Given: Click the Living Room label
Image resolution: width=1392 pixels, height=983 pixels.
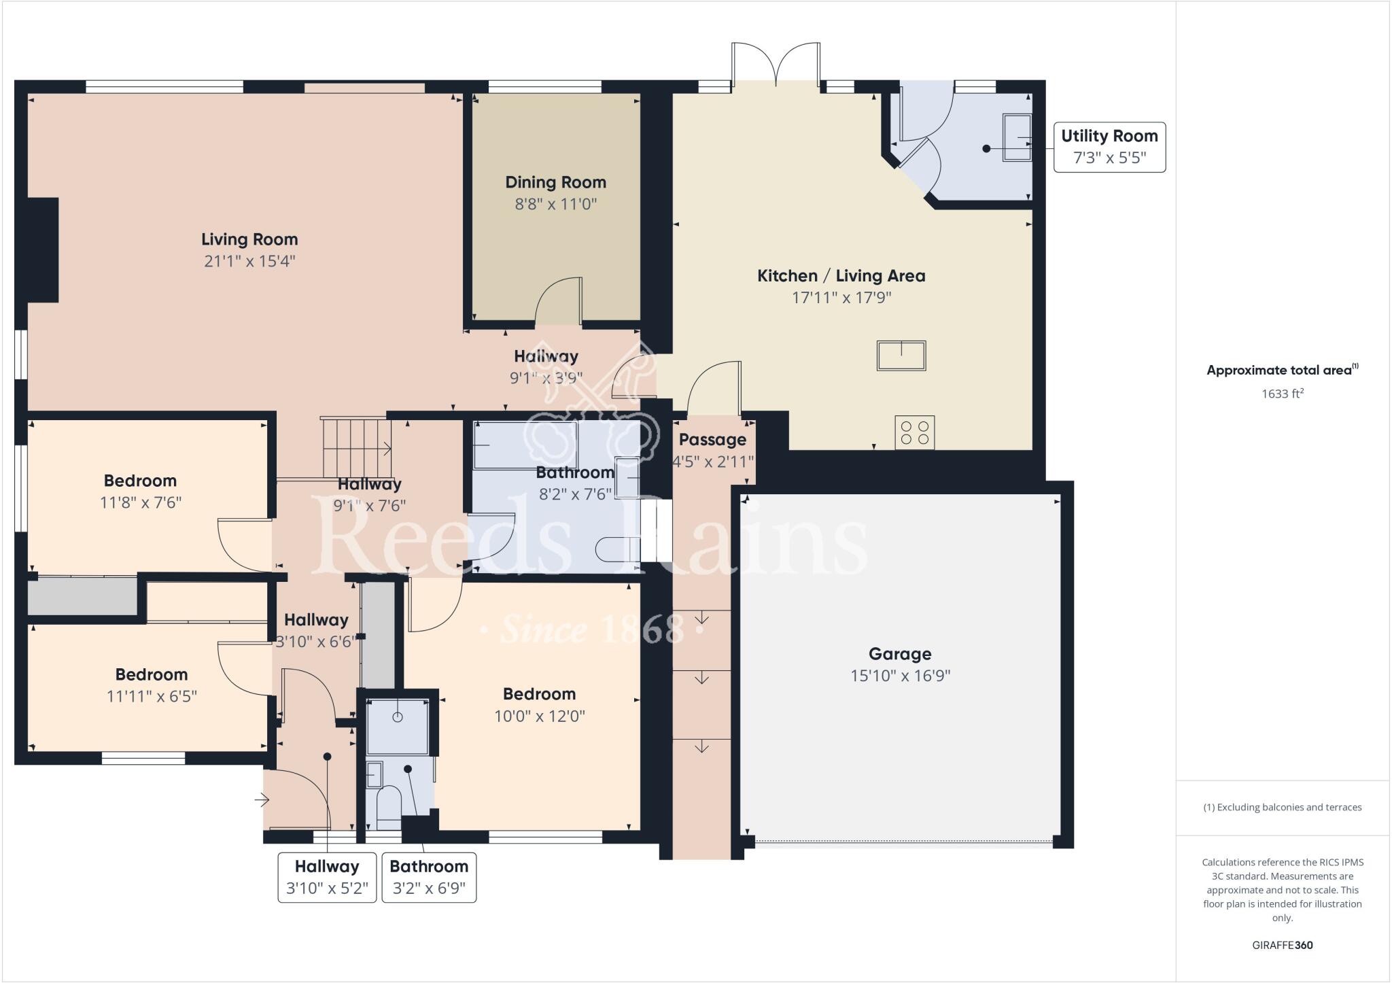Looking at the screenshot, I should [249, 240].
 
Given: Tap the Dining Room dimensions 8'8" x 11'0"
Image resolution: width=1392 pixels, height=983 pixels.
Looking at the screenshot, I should [555, 204].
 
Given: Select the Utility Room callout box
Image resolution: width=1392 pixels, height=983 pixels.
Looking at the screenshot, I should [1109, 147].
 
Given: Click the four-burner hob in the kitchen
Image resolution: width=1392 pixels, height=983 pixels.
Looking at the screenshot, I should [914, 432].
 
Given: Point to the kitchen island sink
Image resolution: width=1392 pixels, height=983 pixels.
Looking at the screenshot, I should [901, 356].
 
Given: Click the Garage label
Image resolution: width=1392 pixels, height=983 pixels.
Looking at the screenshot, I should [899, 654].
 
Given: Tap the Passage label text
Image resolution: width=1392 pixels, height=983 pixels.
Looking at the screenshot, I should [712, 440].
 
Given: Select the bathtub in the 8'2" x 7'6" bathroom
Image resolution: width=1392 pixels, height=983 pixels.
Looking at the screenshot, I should [525, 445].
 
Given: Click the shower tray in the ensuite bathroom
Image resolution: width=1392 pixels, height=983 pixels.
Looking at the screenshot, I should [398, 725].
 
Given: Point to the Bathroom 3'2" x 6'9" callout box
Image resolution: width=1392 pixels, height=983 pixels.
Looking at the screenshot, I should [429, 877].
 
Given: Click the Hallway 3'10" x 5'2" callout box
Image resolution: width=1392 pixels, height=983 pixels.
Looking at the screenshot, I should [327, 877].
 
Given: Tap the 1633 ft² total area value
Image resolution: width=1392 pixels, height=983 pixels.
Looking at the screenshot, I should [1282, 394].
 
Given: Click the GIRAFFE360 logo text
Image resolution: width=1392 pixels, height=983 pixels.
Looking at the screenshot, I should [1282, 945].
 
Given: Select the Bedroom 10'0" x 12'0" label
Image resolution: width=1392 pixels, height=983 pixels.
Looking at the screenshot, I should [539, 694].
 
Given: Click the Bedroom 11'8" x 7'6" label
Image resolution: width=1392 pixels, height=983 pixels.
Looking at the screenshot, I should [140, 481].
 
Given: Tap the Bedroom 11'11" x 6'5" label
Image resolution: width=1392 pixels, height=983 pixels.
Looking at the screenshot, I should [151, 675].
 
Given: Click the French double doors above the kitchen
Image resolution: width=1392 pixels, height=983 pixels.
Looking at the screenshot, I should [776, 63].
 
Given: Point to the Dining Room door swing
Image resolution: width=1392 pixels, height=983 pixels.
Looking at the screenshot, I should [559, 301].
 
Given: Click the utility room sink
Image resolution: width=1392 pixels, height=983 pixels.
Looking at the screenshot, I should [1017, 137].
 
